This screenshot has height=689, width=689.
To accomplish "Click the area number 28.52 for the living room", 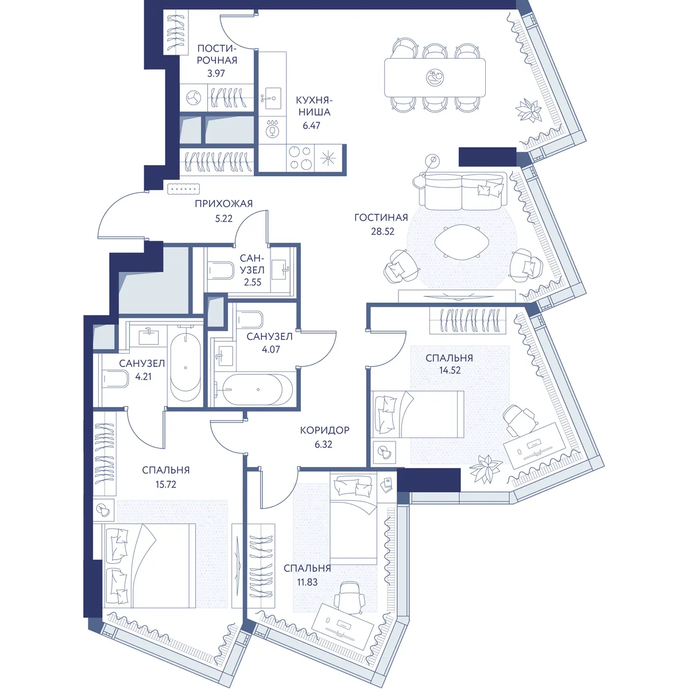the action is (382, 231).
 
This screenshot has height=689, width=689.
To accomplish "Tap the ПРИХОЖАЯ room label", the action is (223, 204).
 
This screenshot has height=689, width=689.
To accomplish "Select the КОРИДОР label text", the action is (324, 430).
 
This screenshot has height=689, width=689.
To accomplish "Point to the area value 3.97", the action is (216, 73).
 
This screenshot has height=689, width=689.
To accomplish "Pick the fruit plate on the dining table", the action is (435, 77).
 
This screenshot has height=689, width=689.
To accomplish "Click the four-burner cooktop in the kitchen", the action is (301, 158).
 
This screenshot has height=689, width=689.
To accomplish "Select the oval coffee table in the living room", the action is (462, 242).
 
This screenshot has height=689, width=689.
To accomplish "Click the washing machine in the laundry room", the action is (193, 98).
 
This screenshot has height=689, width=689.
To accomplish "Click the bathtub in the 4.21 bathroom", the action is (185, 367).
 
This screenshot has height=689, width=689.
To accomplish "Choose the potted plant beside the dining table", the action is (528, 110).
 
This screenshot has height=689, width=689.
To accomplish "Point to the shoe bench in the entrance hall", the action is (183, 188).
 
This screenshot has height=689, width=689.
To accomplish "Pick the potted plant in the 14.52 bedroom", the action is (486, 468).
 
